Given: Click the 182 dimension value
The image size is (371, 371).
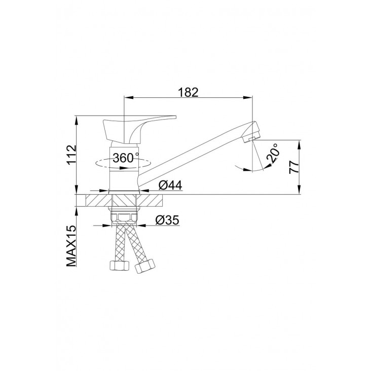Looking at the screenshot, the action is click(x=188, y=92).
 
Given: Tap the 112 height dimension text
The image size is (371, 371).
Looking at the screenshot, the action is click(x=71, y=155).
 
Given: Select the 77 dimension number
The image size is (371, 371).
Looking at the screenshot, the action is click(x=294, y=167).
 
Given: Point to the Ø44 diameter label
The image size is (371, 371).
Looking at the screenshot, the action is click(x=170, y=185).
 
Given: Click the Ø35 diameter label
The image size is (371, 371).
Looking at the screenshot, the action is click(x=167, y=220).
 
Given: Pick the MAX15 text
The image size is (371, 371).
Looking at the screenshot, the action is click(x=71, y=246).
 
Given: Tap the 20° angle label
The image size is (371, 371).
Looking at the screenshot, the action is click(x=273, y=153).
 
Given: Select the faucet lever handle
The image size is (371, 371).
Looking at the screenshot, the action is click(x=139, y=129).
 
